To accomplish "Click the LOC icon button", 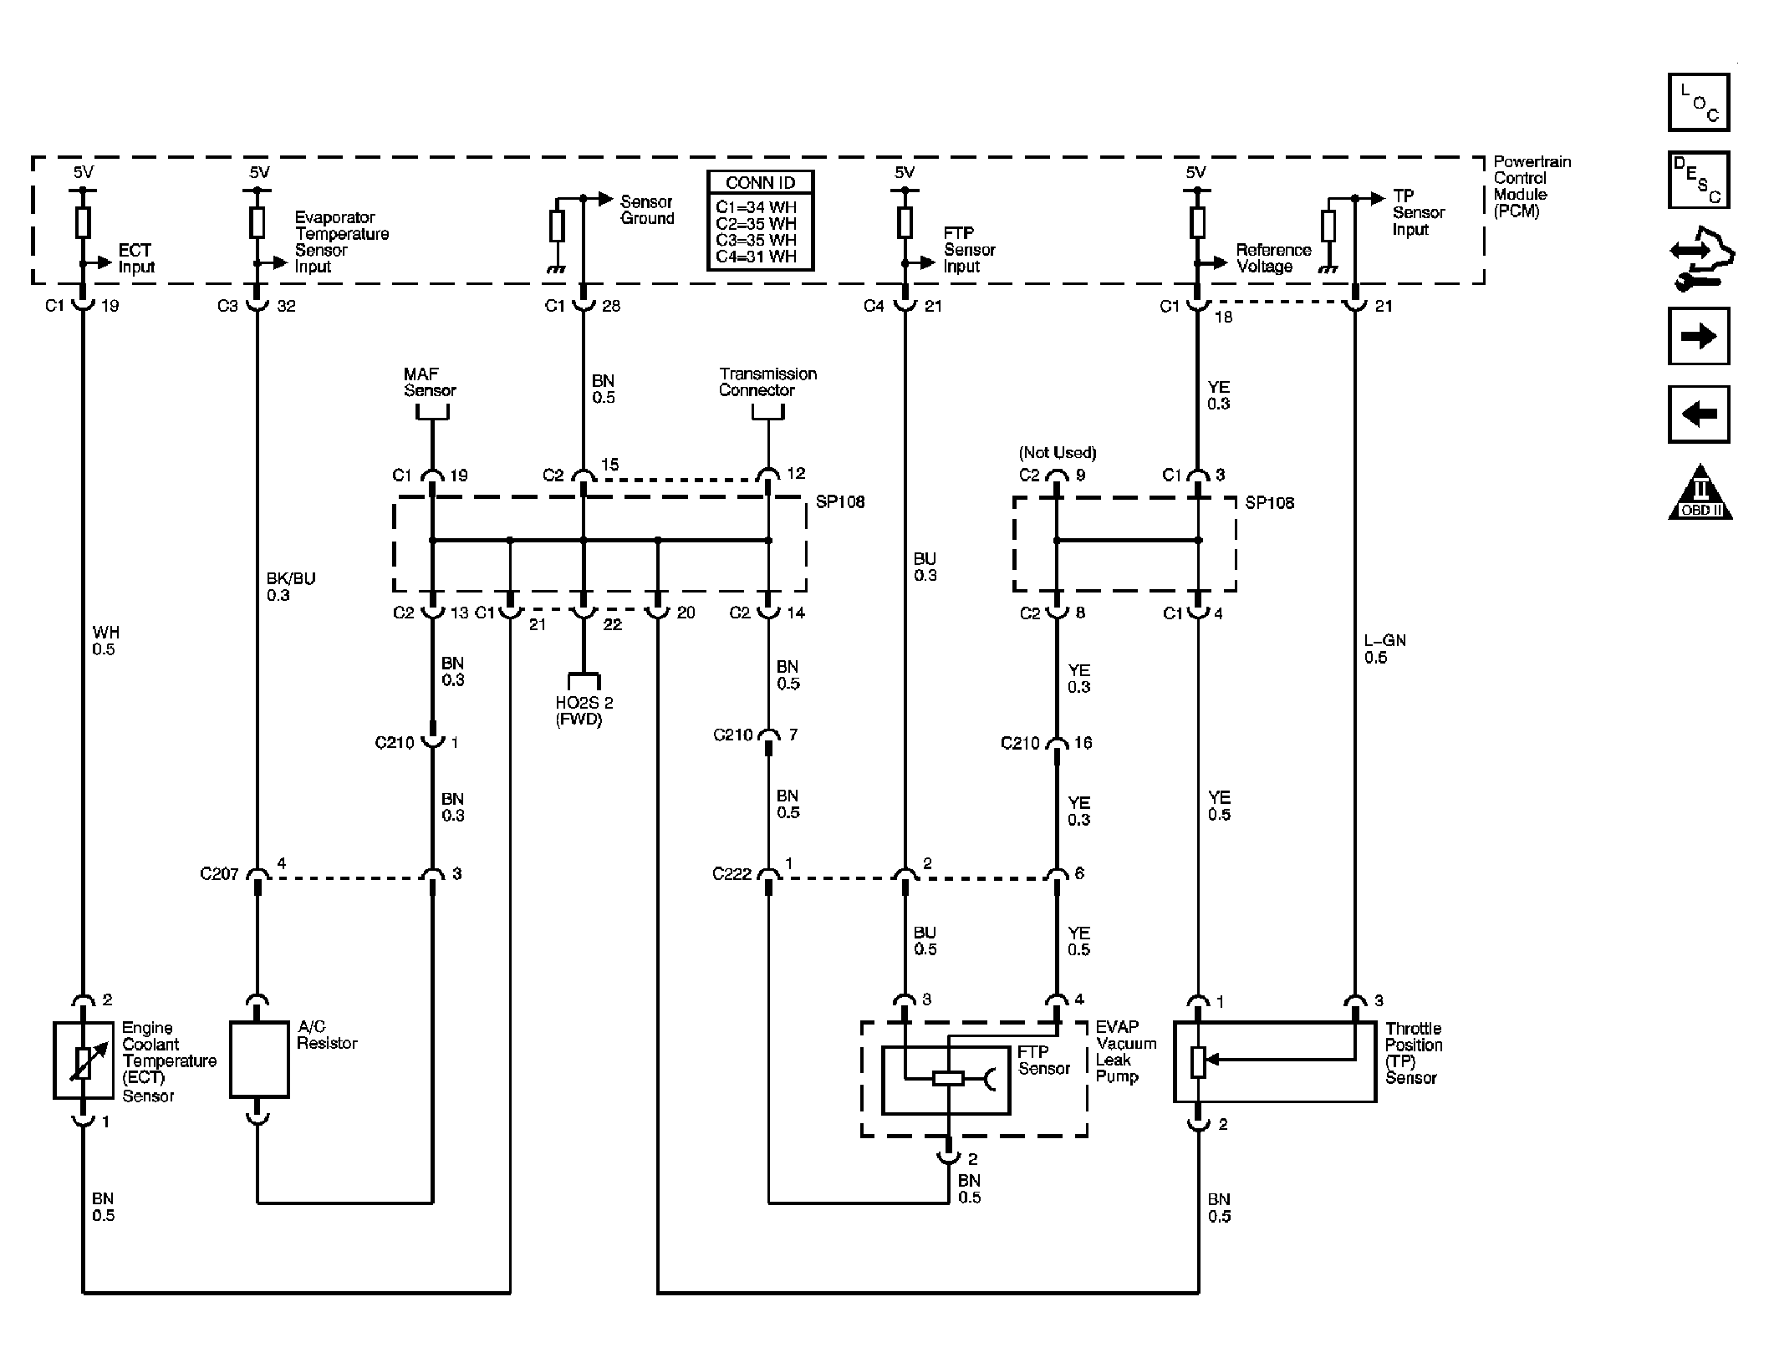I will [x=1698, y=103].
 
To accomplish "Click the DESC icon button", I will [x=1698, y=180].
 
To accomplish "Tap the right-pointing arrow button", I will [x=1698, y=336].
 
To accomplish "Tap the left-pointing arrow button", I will [x=1698, y=414].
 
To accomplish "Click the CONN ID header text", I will [x=760, y=182].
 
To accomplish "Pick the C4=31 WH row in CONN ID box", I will [x=756, y=257].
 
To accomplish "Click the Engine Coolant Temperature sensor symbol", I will [x=83, y=1060].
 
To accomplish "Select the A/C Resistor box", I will [x=259, y=1059].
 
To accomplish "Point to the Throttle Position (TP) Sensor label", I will [x=1413, y=1053].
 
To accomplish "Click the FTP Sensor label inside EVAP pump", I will [x=1043, y=1060].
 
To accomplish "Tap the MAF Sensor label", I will [x=430, y=382].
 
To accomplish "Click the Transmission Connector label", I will [x=767, y=382].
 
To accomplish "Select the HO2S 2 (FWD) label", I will [x=584, y=710].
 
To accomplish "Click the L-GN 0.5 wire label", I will [x=1384, y=648].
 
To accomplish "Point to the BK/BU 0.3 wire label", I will [x=290, y=586].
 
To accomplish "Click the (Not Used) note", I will [x=1057, y=452].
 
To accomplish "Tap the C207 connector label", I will [x=219, y=874].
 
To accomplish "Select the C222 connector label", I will [x=732, y=874].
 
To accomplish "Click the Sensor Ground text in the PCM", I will [x=646, y=210].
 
